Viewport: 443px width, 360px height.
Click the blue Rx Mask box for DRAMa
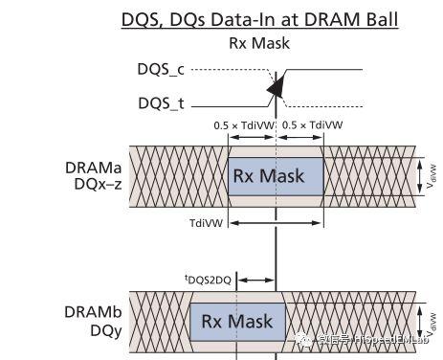[x=276, y=175]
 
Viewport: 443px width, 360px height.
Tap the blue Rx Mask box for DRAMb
[x=236, y=322]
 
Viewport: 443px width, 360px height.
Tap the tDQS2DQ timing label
[x=208, y=279]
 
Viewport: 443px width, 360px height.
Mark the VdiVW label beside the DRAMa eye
[x=433, y=175]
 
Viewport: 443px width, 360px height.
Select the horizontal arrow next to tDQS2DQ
[x=255, y=280]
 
